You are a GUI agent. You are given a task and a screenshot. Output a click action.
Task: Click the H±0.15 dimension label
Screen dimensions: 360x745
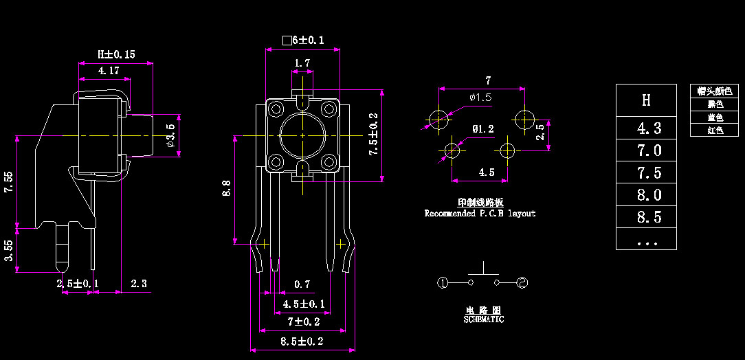[x=115, y=54]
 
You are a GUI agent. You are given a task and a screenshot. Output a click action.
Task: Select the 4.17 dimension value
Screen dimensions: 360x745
[x=109, y=71]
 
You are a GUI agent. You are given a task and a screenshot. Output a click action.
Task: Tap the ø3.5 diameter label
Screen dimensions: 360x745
[x=171, y=136]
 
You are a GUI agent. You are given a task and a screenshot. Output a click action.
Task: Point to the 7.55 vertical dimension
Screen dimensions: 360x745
[x=8, y=181]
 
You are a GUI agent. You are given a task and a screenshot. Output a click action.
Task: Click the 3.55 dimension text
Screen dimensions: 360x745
[x=8, y=250]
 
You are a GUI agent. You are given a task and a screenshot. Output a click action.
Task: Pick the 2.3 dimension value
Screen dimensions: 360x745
[x=138, y=284]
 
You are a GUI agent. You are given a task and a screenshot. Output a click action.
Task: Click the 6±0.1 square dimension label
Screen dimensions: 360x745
[x=303, y=41]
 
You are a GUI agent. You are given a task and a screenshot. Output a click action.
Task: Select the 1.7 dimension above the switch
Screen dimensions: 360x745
[x=302, y=63]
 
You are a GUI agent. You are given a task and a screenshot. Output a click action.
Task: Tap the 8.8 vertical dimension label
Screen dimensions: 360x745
[x=226, y=188]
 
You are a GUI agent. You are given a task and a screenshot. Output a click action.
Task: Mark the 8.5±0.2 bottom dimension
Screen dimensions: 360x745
[x=302, y=341]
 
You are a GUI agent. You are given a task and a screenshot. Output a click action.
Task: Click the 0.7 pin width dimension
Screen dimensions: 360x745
[x=302, y=284]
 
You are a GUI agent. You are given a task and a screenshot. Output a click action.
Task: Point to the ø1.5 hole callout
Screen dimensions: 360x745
[x=480, y=98]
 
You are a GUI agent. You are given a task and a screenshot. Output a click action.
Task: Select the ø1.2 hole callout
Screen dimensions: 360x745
[x=482, y=128]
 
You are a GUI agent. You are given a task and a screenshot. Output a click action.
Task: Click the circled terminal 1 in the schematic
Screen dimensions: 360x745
[x=443, y=282]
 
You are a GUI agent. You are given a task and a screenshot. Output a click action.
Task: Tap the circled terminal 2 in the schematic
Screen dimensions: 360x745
[x=522, y=282]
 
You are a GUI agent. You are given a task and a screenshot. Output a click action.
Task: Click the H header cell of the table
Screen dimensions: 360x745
[x=646, y=100]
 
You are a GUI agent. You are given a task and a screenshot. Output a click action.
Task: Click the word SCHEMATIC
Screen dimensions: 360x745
[x=483, y=319]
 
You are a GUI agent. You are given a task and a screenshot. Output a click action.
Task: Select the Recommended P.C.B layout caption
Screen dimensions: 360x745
[x=480, y=214]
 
